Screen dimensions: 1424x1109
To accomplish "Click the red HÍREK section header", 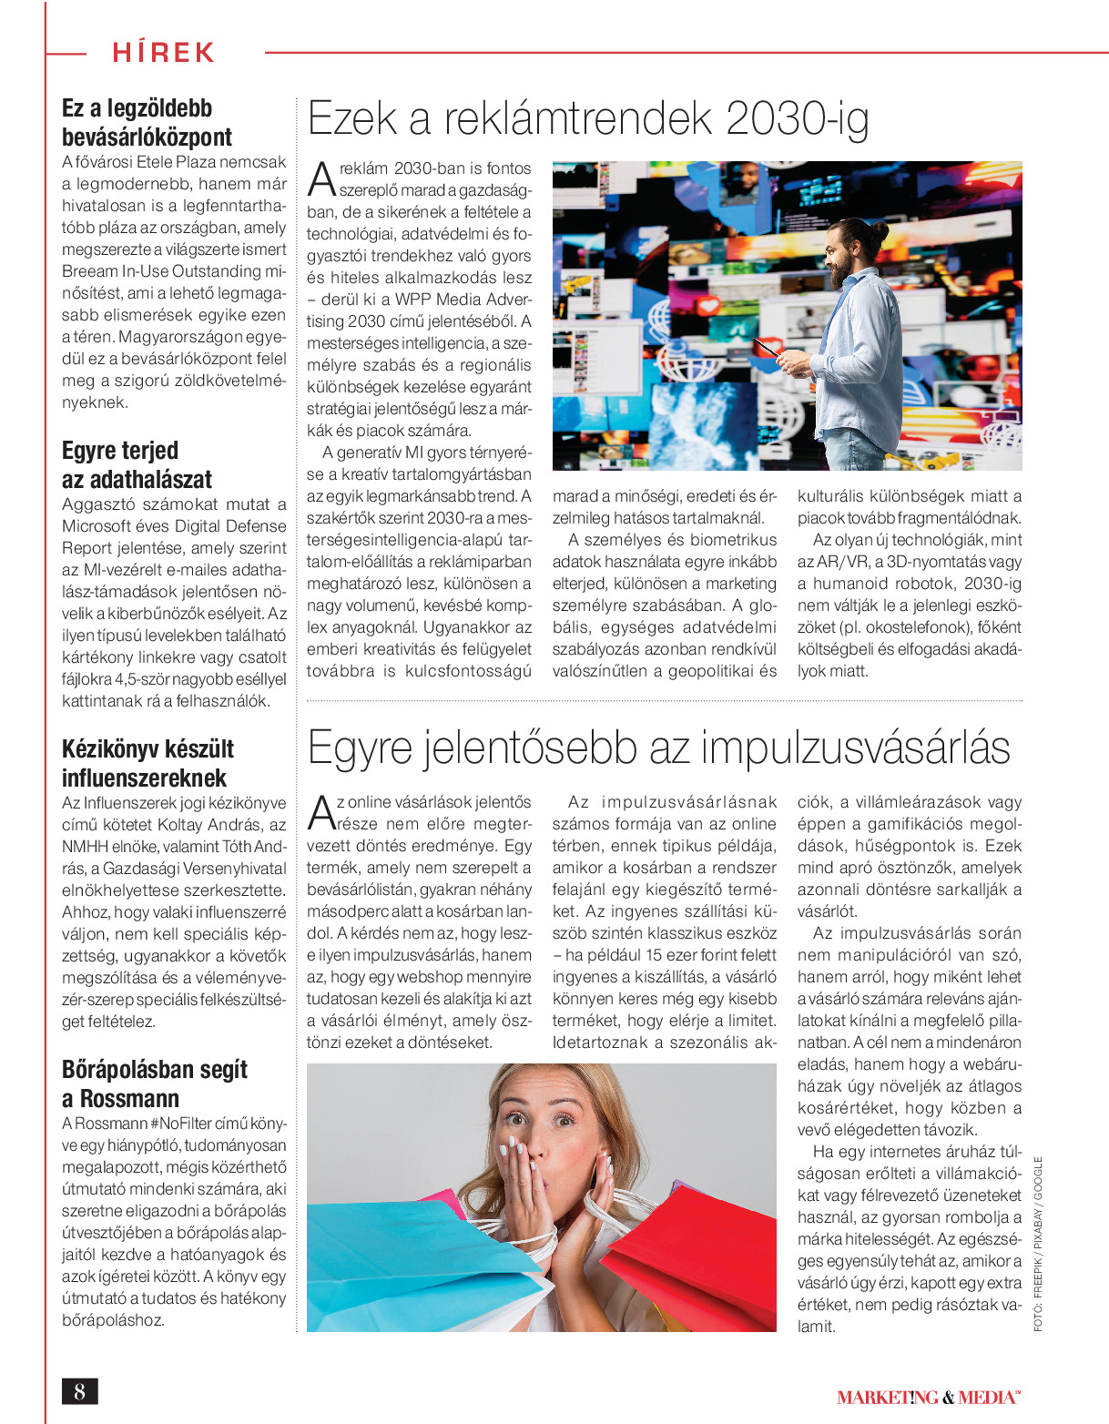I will coord(164,52).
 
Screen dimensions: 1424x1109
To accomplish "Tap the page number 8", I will coord(80,1391).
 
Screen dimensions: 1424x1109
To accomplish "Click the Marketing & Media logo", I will coord(928,1397).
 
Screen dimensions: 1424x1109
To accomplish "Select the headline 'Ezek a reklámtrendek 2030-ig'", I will coord(588,119).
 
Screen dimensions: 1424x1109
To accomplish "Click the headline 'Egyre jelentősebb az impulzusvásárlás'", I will coord(658,748).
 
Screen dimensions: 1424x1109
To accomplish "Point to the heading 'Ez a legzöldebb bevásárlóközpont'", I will coord(147,123).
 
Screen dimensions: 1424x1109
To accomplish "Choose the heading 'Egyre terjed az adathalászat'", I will coord(137,465).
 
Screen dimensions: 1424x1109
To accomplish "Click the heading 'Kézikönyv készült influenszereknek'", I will coord(148,764).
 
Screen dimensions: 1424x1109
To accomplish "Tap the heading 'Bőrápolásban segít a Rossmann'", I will coord(154,1083).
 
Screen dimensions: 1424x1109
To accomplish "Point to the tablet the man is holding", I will coord(768,348).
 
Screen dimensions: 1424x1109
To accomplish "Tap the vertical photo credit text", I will coord(1038,1244).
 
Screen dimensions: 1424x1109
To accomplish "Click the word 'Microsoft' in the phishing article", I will coord(96,526).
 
